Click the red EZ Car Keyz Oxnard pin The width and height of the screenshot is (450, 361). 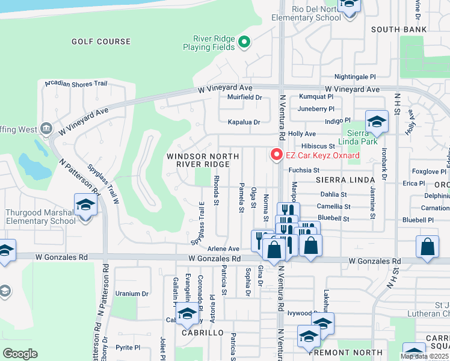277,155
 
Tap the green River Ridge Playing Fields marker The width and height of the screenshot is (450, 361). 244,42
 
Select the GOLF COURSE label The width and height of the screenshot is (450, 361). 100,42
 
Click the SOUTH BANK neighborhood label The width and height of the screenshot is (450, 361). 399,29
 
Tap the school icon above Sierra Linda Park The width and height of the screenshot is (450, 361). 377,122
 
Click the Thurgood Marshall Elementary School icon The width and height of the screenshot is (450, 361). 85,206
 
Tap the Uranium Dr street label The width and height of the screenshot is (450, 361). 132,294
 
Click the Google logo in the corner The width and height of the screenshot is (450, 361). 19,354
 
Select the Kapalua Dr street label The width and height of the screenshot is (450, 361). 244,122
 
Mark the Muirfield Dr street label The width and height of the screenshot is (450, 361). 244,97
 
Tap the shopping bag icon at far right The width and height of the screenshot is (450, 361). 427,247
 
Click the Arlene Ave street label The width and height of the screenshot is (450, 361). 223,248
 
